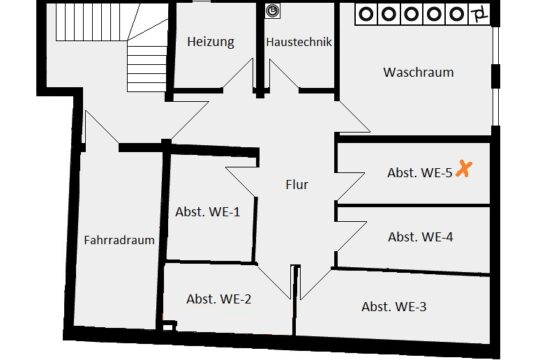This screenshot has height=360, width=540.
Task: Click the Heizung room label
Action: tap(211, 42)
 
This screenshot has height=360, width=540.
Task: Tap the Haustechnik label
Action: tap(299, 42)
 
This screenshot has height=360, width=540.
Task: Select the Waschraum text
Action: tap(418, 72)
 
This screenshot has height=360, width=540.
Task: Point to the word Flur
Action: tap(297, 184)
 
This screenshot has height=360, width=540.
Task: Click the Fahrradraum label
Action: tap(119, 240)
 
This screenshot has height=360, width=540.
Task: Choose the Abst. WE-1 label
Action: tap(207, 212)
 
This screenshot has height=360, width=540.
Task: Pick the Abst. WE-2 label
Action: tap(219, 299)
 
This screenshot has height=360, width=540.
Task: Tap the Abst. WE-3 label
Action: tap(394, 306)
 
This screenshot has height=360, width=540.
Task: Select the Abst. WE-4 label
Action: tap(420, 237)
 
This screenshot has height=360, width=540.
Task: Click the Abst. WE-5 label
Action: tap(419, 173)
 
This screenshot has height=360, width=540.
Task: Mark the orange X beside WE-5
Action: tap(464, 169)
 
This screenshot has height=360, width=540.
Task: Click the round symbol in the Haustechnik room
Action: tap(273, 11)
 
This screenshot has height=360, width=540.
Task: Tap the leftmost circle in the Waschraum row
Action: tap(366, 14)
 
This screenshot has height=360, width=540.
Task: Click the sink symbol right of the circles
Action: tap(480, 15)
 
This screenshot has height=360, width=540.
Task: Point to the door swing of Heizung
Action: tap(238, 73)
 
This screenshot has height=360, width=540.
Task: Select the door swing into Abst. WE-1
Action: tap(242, 182)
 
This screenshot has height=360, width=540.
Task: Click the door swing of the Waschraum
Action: tap(354, 116)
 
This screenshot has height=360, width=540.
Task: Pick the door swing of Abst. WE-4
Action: tap(351, 239)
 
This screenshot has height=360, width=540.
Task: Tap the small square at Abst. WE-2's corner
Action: tap(168, 326)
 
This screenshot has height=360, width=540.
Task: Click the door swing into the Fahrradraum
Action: tap(101, 127)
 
